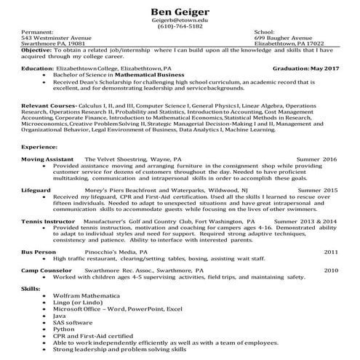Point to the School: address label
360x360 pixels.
[x=264, y=33]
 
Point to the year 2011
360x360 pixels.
[x=331, y=251]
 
